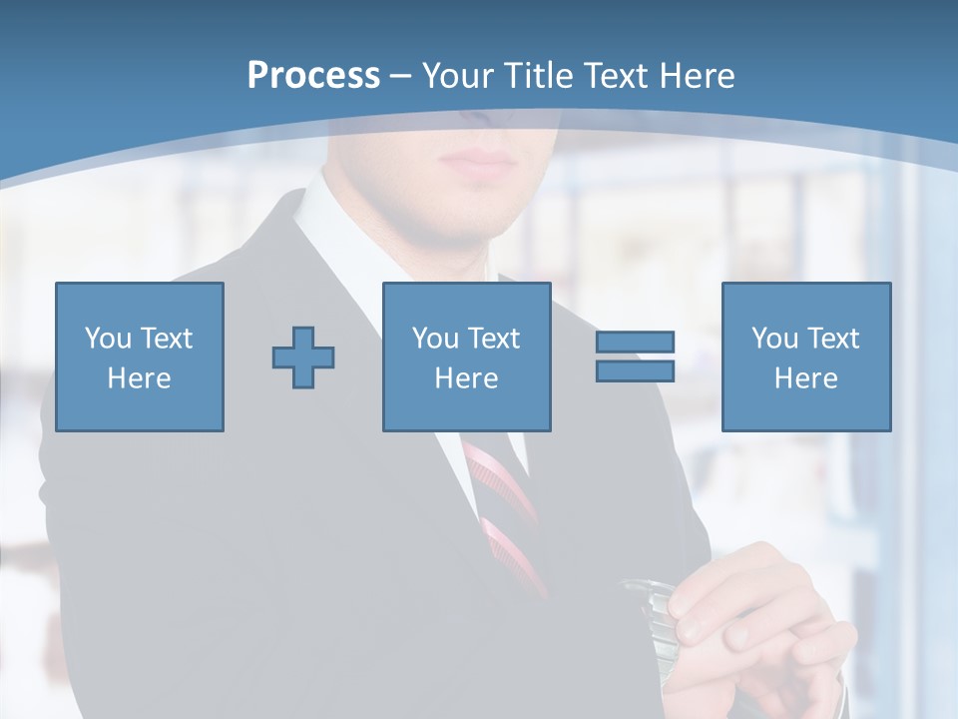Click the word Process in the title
click(x=313, y=75)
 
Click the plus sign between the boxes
click(x=303, y=357)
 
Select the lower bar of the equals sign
click(x=635, y=370)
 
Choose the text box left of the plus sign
click(x=139, y=357)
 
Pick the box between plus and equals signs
click(x=466, y=357)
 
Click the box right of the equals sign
click(x=805, y=357)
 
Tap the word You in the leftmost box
click(x=108, y=339)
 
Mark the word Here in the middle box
click(x=466, y=378)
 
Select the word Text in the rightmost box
click(x=832, y=339)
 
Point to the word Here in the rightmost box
click(x=805, y=378)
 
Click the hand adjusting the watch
click(x=758, y=619)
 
